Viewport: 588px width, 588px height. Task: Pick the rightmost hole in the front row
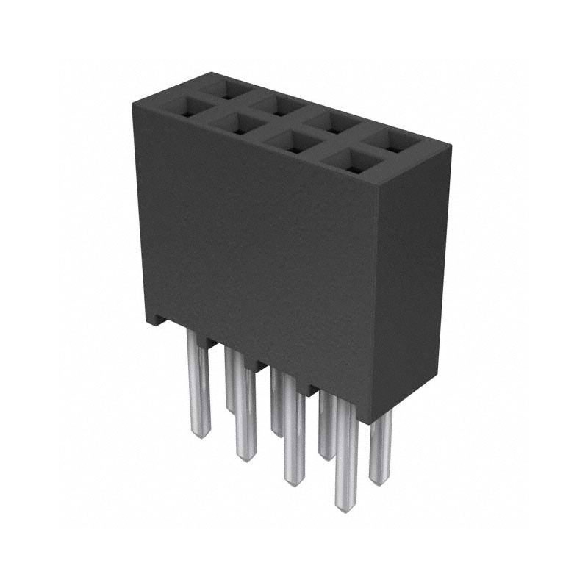click(351, 161)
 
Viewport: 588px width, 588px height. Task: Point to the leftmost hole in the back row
click(226, 90)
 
